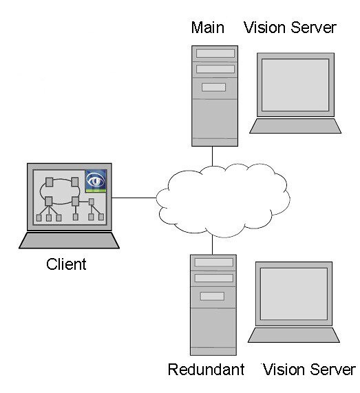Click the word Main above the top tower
pyautogui.click(x=208, y=28)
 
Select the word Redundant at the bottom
pyautogui.click(x=206, y=369)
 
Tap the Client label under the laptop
pyautogui.click(x=66, y=264)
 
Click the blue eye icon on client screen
pyautogui.click(x=96, y=181)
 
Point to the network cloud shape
pyautogui.click(x=223, y=200)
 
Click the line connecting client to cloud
pyautogui.click(x=134, y=198)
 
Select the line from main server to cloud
pyautogui.click(x=212, y=156)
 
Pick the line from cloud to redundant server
pyautogui.click(x=212, y=245)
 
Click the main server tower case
pyautogui.click(x=215, y=96)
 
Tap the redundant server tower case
pyautogui.click(x=213, y=305)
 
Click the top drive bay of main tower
pyautogui.click(x=215, y=53)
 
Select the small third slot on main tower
pyautogui.click(x=213, y=87)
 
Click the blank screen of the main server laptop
pyautogui.click(x=295, y=85)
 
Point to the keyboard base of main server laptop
pyautogui.click(x=295, y=126)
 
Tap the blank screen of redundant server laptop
pyautogui.click(x=294, y=294)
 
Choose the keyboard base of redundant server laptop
pyautogui.click(x=294, y=335)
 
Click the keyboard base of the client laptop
pyautogui.click(x=70, y=241)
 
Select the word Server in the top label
pyautogui.click(x=314, y=28)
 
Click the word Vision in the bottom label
pyautogui.click(x=284, y=369)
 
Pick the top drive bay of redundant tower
pyautogui.click(x=214, y=262)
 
